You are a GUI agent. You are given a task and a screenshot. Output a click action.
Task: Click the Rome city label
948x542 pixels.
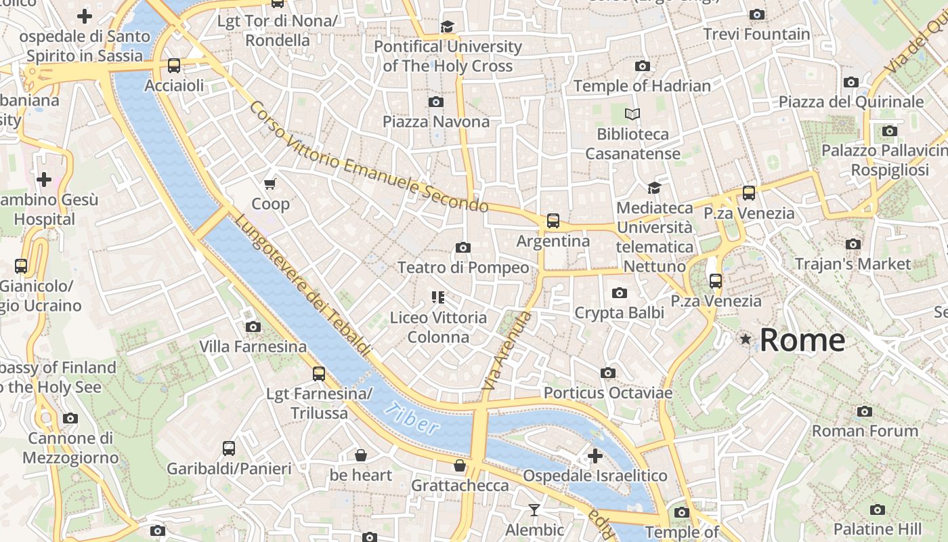coord(802,339)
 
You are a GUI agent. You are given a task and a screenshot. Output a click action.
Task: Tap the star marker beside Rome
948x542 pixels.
coord(746,339)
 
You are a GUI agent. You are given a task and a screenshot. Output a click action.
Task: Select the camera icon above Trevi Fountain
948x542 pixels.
coord(757,14)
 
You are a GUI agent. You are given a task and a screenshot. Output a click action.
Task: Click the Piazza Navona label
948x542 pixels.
coord(436,122)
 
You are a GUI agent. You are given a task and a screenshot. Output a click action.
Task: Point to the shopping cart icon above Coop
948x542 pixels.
coord(270,184)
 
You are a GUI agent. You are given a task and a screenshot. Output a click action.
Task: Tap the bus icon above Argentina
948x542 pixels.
coord(553,220)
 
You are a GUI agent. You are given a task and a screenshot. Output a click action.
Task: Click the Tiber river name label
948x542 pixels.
coord(411,417)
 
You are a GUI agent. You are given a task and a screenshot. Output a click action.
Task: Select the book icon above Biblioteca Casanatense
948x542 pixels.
coord(632,114)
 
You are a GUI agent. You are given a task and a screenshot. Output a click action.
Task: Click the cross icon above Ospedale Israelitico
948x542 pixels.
coord(595,456)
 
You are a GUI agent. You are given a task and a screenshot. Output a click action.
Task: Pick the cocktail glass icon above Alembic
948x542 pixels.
coord(534,509)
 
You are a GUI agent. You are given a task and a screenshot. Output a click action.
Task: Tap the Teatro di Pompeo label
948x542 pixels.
coord(463,268)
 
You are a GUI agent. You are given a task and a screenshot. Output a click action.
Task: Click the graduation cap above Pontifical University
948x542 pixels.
coord(447,26)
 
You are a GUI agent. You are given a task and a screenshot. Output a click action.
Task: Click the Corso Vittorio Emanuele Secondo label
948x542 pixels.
coord(368,157)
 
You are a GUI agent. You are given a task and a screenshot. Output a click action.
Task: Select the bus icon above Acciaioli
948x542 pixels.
coord(174,66)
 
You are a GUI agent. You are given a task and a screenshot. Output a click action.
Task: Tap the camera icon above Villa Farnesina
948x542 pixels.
coord(253,327)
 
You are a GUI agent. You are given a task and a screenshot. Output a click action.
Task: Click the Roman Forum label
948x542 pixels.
coord(865,431)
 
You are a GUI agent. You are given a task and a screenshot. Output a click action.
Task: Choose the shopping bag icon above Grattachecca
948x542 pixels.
coord(460,465)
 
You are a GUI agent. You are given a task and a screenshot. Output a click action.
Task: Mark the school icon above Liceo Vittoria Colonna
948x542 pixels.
coord(438,297)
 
